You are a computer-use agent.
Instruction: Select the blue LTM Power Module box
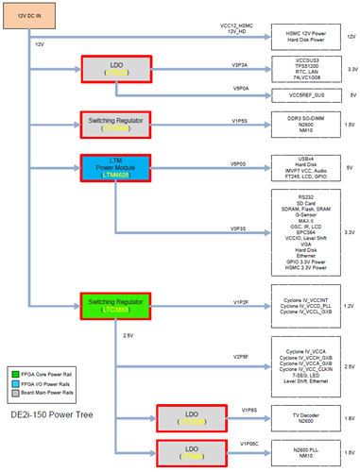tap(111, 167)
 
